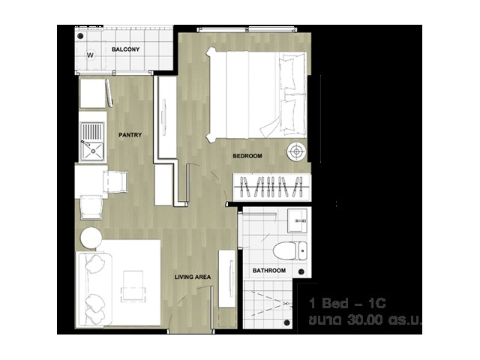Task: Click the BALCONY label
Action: [125, 49]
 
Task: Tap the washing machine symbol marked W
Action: [90, 55]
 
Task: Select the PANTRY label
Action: [130, 135]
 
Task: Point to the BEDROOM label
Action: [247, 156]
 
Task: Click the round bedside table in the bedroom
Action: [296, 151]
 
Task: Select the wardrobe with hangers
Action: [271, 187]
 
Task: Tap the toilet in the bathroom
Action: [289, 251]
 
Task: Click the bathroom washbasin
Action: [297, 220]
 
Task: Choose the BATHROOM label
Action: [269, 271]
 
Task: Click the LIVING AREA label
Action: [193, 277]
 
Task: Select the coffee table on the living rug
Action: [133, 286]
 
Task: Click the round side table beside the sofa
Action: [91, 238]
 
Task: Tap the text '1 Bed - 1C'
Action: [347, 303]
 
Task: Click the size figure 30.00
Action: [365, 320]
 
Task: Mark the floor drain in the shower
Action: [286, 322]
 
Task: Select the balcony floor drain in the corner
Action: [80, 36]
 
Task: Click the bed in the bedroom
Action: [256, 94]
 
